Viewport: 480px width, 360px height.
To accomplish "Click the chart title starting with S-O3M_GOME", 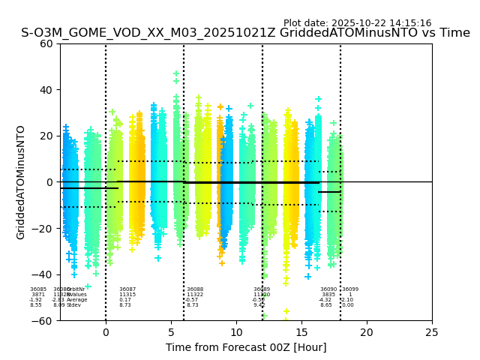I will (245, 33).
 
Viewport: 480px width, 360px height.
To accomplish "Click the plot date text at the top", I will (357, 23).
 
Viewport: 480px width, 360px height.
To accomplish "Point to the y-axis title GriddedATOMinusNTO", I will (21, 182).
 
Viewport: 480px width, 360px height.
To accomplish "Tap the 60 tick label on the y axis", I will (46, 43).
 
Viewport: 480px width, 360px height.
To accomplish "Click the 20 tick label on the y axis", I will (46, 136).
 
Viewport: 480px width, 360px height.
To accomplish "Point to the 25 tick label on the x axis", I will (432, 332).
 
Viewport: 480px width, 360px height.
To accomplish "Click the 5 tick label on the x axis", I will (171, 332).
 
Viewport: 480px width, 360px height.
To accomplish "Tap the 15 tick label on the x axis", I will (301, 332).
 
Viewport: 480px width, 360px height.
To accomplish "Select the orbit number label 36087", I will (127, 289).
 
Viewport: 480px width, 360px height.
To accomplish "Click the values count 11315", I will (127, 295).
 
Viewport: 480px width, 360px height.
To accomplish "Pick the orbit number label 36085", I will (38, 289).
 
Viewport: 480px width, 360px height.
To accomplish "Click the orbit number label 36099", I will (350, 289).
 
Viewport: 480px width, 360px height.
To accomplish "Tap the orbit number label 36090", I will (328, 289).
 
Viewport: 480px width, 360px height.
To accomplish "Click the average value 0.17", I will (125, 300).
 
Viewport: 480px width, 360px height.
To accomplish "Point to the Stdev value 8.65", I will (326, 305).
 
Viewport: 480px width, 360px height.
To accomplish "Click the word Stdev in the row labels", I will (73, 305).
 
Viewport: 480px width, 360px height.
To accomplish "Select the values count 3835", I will (328, 295).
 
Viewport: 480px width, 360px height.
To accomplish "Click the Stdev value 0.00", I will (348, 305).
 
